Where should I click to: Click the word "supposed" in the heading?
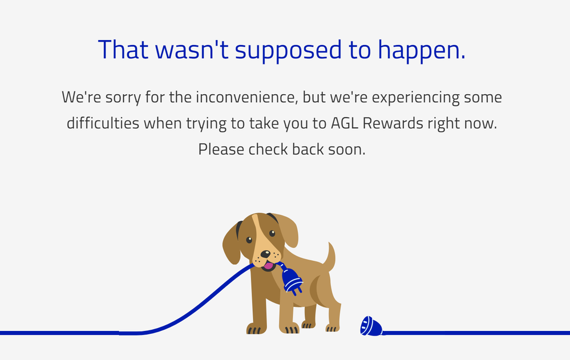288,51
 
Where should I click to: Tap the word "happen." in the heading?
422,50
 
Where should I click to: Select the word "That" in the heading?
123,49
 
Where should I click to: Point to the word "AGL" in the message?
344,123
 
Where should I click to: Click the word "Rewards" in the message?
393,123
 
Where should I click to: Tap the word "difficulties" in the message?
103,123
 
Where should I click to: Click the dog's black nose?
265,254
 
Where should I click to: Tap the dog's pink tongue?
269,265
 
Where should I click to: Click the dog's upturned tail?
330,257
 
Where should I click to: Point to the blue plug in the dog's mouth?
292,280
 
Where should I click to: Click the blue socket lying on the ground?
371,326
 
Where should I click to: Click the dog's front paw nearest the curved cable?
256,329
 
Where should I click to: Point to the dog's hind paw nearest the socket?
332,327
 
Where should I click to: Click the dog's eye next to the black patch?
249,240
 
